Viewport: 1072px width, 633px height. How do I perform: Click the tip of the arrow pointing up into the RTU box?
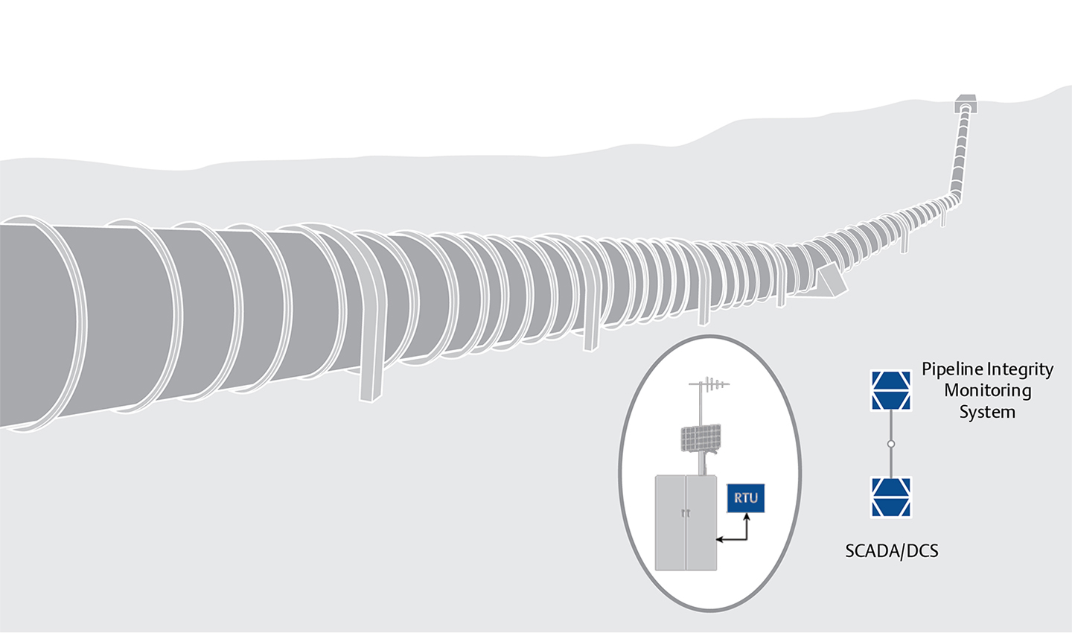pos(747,514)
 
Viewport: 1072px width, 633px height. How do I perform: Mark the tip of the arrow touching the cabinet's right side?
pos(716,540)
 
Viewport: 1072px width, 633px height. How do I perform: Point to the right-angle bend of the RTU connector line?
pos(747,540)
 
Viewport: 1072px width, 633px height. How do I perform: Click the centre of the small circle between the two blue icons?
pos(890,444)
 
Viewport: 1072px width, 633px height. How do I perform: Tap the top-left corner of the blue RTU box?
pos(727,485)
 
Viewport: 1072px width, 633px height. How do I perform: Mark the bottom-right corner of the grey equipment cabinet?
pos(716,570)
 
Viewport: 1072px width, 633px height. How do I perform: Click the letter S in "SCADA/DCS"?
pos(850,551)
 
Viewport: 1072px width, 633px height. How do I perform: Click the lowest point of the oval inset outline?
pos(710,611)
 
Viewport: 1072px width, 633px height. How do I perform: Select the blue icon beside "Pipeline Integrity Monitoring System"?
pos(890,390)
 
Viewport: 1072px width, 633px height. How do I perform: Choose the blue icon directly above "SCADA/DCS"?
pos(890,497)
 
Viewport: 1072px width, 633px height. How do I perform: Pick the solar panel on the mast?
pos(701,439)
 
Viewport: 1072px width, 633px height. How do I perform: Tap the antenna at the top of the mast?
pos(709,384)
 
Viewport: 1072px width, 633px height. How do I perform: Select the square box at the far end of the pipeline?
pos(966,104)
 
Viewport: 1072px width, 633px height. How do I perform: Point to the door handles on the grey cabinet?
pos(686,513)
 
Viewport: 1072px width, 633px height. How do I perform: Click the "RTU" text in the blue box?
pos(746,498)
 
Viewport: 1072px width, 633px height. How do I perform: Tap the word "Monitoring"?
pos(987,391)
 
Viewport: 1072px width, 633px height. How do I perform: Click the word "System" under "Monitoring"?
pos(987,413)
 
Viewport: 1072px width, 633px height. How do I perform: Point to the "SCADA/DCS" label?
pos(892,551)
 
